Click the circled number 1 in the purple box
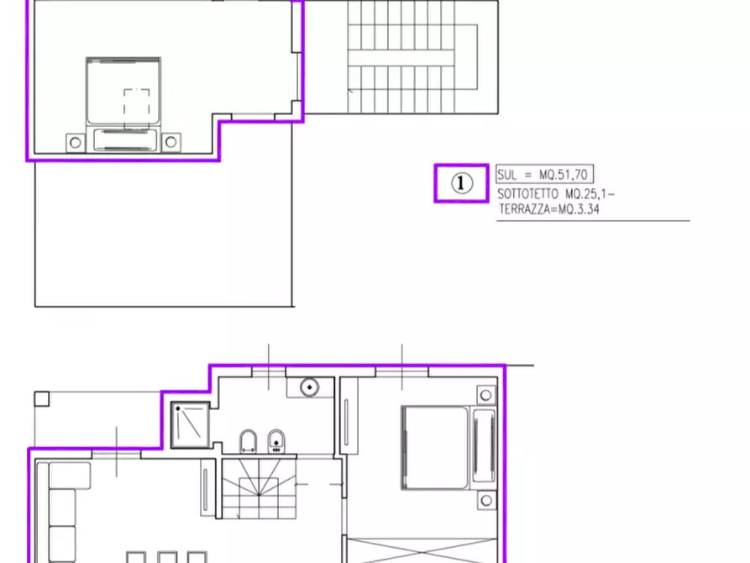(x=462, y=183)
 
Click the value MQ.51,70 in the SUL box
(x=564, y=174)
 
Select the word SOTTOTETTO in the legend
(x=527, y=194)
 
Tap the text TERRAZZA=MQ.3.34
(x=548, y=209)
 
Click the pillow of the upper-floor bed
(x=125, y=139)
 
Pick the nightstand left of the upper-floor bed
(x=75, y=143)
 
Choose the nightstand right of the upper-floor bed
(x=171, y=142)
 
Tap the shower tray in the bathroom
(x=191, y=425)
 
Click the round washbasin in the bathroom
(x=309, y=387)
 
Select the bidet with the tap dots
(x=276, y=441)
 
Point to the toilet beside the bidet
(x=248, y=441)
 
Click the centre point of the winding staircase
(x=259, y=495)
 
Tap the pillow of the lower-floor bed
(x=484, y=445)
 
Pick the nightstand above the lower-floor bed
(x=486, y=395)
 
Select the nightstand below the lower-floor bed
(x=486, y=501)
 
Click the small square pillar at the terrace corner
(x=42, y=399)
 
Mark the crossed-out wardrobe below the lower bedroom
(x=422, y=550)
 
